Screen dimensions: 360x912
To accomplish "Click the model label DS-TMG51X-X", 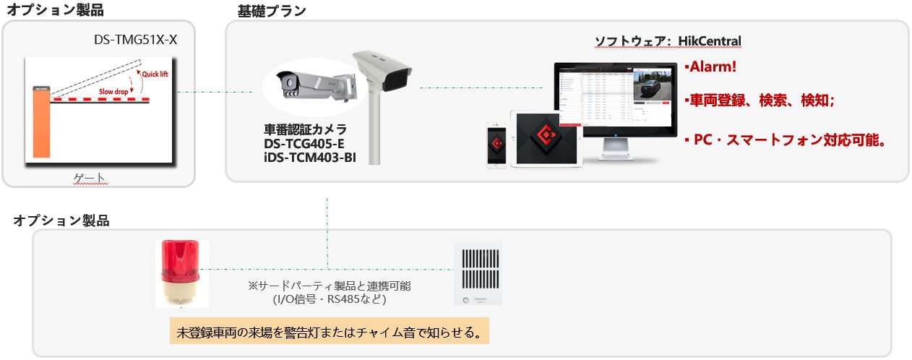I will [x=135, y=40].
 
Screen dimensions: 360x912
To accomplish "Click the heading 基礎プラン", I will [x=272, y=11].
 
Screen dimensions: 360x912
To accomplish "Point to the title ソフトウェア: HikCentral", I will [x=668, y=41].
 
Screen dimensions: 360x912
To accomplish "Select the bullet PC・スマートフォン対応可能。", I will [x=785, y=140].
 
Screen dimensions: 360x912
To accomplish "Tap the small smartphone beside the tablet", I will [x=496, y=144].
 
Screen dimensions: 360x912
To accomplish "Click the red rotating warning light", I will [x=181, y=271].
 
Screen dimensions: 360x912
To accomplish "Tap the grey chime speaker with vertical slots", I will [x=478, y=273].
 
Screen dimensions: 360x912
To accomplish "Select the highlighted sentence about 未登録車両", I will [x=330, y=333].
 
